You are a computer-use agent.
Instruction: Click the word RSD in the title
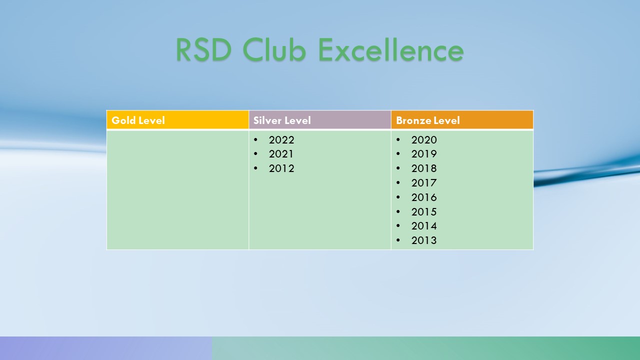pos(203,49)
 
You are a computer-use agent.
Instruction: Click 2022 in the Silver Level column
pos(281,139)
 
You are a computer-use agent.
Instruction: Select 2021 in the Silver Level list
pos(281,154)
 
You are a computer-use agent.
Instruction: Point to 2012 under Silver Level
pos(281,168)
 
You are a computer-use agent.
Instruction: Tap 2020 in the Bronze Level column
pos(424,139)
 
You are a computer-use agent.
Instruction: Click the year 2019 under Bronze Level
pos(424,154)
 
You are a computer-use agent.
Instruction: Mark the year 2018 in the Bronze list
pos(424,168)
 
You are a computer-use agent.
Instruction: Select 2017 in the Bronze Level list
pos(424,183)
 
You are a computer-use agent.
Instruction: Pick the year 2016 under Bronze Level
pos(424,197)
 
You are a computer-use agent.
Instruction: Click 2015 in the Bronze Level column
pos(424,211)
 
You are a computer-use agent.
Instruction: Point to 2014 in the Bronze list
pos(424,226)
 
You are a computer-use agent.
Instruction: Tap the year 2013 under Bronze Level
pos(424,240)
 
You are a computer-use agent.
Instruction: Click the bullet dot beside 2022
pos(255,139)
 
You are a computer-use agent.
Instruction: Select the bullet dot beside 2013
pos(398,240)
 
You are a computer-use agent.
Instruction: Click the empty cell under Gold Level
pos(177,190)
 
